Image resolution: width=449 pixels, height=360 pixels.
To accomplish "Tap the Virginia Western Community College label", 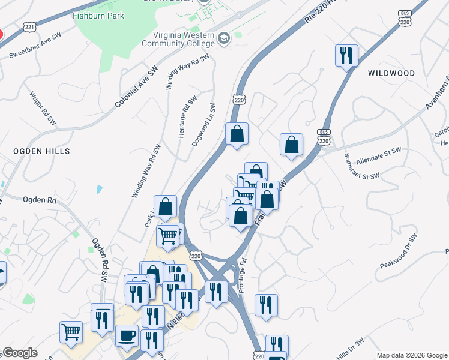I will point(178,38).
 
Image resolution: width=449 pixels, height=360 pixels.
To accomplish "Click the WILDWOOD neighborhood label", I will point(391,73).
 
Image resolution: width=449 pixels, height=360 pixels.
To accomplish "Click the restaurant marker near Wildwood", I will point(346,56).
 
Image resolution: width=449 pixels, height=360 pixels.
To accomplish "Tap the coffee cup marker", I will point(127,336).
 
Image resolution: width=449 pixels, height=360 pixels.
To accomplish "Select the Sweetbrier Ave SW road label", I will point(35,46).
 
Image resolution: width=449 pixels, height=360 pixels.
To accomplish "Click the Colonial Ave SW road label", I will point(136,88).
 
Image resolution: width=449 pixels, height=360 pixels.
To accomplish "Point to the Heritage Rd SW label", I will point(187,118).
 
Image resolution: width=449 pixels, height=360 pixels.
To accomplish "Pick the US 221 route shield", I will point(30,26).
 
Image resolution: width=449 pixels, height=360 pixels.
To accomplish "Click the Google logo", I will point(20,353).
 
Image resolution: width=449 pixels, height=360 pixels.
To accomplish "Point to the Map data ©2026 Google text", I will point(411,355).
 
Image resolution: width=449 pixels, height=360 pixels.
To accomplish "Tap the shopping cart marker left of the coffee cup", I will point(71,331).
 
